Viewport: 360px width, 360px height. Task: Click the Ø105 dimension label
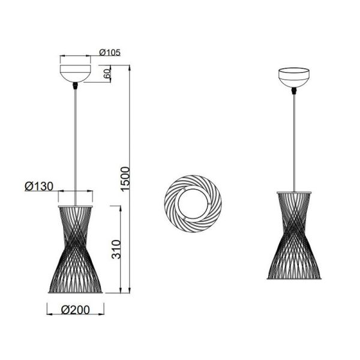pos(110,52)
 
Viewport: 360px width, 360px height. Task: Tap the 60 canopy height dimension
pos(107,74)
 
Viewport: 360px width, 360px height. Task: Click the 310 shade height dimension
pos(118,249)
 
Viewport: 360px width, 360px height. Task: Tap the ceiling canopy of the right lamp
pos(294,78)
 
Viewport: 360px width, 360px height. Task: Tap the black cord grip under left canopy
pos(75,86)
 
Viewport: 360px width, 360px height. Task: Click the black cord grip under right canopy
pos(294,92)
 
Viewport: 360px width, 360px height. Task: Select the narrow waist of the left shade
pos(75,240)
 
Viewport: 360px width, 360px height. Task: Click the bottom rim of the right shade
pos(294,278)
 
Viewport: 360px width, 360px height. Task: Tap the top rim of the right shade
pos(294,192)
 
